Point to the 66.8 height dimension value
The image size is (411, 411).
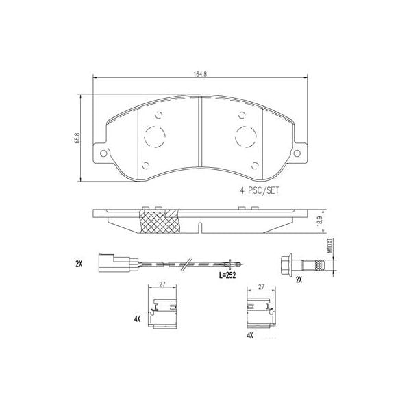(x=78, y=138)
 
